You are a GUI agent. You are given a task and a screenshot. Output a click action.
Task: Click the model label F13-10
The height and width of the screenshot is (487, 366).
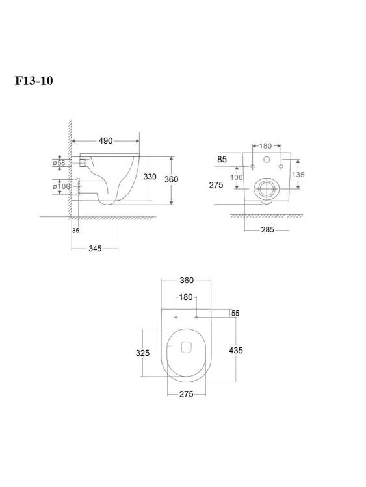[34, 81]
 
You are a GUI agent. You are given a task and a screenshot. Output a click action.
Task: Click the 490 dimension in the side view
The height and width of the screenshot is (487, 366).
[105, 141]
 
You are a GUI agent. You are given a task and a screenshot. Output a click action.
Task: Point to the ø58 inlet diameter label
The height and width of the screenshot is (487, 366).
[59, 162]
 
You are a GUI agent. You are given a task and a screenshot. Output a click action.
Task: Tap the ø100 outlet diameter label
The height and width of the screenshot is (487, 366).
[61, 186]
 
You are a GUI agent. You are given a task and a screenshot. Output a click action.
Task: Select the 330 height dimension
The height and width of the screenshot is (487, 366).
[150, 177]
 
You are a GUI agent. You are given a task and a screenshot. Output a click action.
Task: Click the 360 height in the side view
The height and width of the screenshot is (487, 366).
[171, 179]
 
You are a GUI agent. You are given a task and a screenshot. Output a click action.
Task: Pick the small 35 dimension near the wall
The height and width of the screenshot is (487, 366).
[75, 231]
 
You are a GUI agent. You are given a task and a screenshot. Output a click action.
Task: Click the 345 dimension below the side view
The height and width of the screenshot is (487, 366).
[95, 249]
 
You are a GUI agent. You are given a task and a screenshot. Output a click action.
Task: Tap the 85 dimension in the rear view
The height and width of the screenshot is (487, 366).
[222, 159]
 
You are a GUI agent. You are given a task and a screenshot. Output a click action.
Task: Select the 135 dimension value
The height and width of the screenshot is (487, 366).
[298, 175]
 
